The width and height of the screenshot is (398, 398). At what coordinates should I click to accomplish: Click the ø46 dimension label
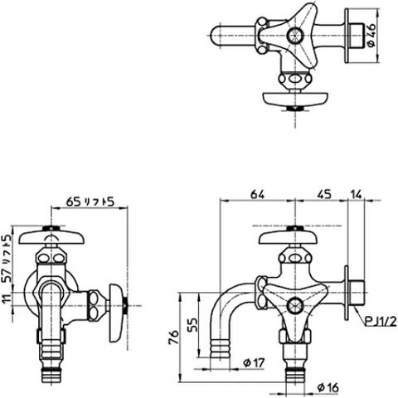click(371, 35)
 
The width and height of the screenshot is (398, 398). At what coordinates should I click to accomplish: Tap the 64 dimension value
click(257, 195)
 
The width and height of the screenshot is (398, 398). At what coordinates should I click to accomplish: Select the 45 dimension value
click(324, 194)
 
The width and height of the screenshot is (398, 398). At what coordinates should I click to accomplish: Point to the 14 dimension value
click(357, 194)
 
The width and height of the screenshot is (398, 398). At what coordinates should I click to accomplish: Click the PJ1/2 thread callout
click(381, 322)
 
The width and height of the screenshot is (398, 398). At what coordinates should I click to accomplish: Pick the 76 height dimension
click(173, 337)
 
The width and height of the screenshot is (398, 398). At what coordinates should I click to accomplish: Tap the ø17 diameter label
click(254, 362)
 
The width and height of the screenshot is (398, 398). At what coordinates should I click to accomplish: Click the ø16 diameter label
click(328, 387)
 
